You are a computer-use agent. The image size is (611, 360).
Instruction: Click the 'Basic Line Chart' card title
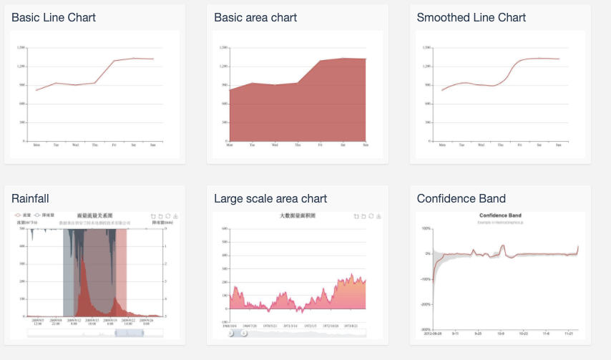54,17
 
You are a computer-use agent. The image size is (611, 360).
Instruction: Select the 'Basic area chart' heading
255,17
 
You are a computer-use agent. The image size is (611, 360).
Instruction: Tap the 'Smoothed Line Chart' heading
471,17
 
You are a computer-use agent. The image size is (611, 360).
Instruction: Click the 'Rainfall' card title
30,198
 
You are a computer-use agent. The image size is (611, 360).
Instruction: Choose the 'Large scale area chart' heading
270,198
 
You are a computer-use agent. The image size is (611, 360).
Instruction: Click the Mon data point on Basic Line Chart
36,90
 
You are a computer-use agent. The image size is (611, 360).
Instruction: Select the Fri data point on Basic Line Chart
114,61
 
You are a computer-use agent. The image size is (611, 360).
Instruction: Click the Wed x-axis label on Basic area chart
275,145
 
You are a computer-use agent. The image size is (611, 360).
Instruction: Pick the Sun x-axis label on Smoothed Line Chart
559,145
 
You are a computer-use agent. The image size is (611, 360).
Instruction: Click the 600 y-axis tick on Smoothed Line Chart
427,104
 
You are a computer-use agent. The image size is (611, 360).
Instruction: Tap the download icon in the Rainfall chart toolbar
176,215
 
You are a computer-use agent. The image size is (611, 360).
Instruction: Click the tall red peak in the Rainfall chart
84,262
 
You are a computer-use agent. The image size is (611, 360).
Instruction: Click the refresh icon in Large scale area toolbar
371,216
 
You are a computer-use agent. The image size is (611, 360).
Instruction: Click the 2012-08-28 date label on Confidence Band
433,333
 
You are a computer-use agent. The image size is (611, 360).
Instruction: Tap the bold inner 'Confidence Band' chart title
500,215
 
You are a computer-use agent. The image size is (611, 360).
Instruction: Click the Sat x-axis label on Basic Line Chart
134,145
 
